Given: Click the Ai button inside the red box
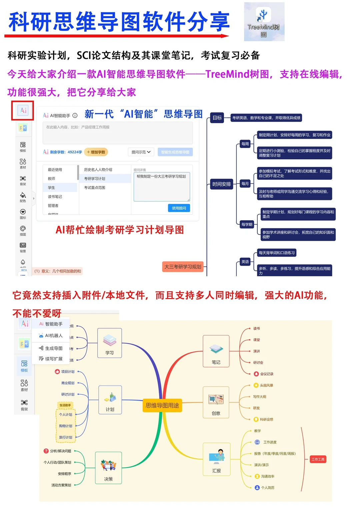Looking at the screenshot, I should (23, 111).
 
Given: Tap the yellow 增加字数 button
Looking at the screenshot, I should (96, 152).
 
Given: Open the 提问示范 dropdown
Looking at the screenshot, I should (141, 152).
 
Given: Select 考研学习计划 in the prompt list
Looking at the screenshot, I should (95, 179).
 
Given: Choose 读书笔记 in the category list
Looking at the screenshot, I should (55, 197).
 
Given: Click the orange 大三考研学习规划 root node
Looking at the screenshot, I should (183, 267).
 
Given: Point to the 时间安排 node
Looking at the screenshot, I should (222, 184).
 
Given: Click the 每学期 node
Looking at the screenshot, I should (247, 224).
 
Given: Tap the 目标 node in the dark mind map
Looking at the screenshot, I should (217, 118).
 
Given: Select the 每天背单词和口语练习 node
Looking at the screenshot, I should (277, 253).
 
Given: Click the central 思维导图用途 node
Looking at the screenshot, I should (162, 405).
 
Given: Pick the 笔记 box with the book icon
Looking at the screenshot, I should (216, 351).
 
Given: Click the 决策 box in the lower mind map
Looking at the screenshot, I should (108, 468).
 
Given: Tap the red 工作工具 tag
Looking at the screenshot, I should (318, 459).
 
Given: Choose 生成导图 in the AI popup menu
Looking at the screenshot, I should (53, 348).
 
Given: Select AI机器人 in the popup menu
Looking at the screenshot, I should (53, 336).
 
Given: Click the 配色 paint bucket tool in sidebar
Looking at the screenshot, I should (23, 197).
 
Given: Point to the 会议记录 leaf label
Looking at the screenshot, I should (266, 374).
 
